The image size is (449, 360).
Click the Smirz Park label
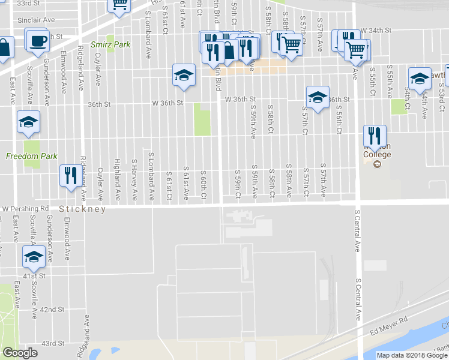tap(110, 44)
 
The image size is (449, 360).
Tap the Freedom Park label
tap(32, 157)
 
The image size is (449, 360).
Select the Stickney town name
tap(82, 209)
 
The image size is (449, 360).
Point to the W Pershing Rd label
tap(25, 208)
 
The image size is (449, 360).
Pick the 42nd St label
tap(52, 310)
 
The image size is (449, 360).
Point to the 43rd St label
tap(52, 343)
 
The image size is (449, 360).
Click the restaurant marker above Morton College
tap(375, 136)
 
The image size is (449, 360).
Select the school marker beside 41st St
tap(34, 257)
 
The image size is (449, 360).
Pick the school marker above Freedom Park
tap(28, 122)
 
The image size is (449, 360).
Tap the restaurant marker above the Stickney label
tap(71, 175)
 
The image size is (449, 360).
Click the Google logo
tap(20, 353)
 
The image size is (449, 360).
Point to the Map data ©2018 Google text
tap(411, 355)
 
